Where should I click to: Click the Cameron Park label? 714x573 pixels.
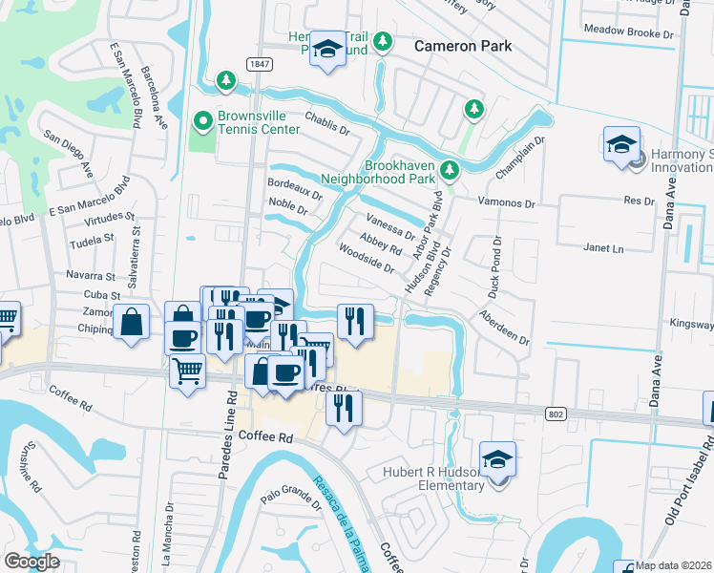click(463, 46)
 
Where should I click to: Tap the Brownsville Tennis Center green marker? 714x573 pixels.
click(201, 120)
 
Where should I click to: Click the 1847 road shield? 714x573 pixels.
click(257, 64)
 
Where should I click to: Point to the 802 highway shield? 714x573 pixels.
click(556, 414)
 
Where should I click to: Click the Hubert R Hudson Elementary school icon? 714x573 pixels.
click(497, 459)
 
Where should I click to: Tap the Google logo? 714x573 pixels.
click(31, 562)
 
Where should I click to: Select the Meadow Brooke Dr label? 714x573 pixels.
click(629, 32)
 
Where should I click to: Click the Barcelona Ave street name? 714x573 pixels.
click(154, 98)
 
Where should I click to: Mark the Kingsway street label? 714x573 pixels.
click(692, 324)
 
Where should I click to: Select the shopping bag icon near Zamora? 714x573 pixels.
click(131, 322)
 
